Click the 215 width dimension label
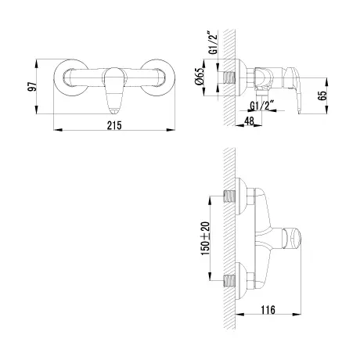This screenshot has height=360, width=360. (x=114, y=125)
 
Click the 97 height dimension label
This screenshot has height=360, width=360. (x=32, y=86)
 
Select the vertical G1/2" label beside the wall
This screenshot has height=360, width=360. (x=213, y=42)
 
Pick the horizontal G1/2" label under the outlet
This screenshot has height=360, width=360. (x=262, y=106)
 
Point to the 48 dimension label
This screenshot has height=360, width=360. (x=250, y=121)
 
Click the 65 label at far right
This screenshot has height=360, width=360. (x=322, y=95)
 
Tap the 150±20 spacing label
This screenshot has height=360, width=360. (x=205, y=239)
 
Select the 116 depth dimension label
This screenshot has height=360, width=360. (x=268, y=310)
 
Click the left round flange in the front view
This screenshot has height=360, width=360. (x=70, y=77)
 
